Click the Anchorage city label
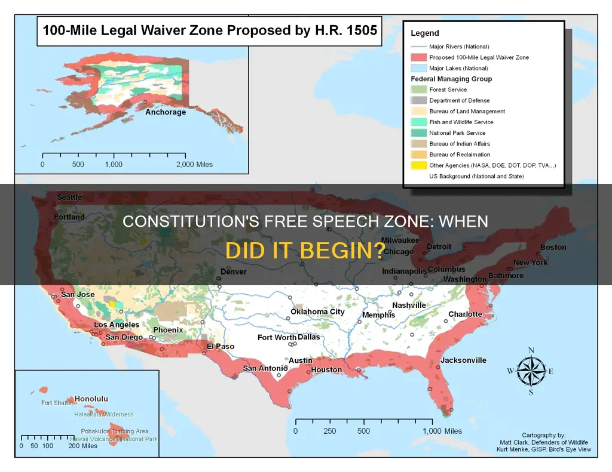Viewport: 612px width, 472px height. [x=166, y=112]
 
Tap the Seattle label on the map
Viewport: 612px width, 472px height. [x=69, y=198]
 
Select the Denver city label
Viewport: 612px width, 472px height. [x=234, y=272]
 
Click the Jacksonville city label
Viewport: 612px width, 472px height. [x=463, y=360]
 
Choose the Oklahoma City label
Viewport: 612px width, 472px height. [x=318, y=311]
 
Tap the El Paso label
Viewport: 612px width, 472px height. [x=221, y=346]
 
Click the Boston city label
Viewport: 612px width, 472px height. [x=553, y=248]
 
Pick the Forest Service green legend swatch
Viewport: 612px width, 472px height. [x=418, y=90]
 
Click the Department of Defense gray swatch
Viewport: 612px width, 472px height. [x=418, y=101]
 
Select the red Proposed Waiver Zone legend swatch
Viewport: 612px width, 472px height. [x=418, y=58]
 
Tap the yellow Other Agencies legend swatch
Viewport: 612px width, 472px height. [x=418, y=165]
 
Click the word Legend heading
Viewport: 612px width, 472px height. [x=425, y=33]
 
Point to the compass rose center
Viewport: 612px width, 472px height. [x=531, y=371]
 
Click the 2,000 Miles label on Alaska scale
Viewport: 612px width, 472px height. [x=195, y=164]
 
